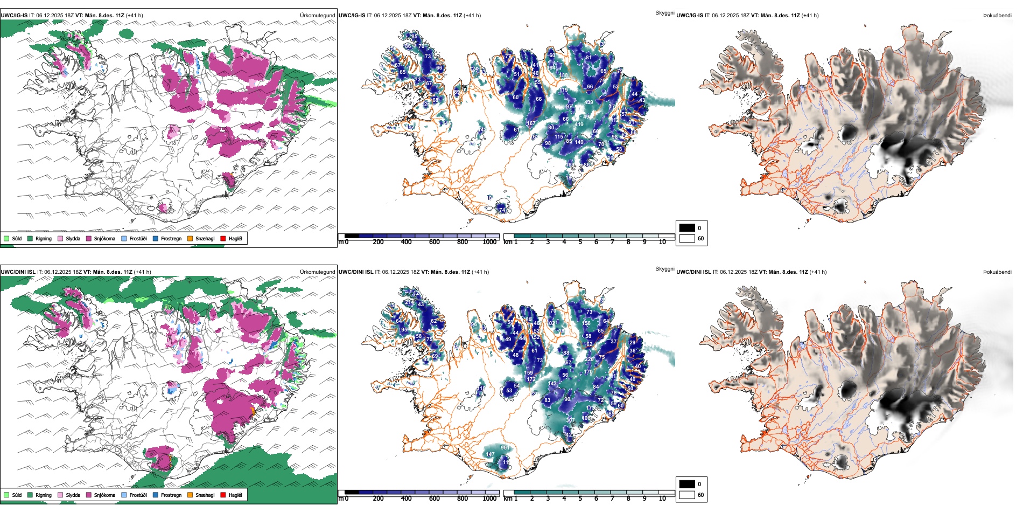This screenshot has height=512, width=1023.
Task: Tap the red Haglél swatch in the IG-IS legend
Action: [223, 238]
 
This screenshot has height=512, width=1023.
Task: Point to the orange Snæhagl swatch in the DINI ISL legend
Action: [190, 495]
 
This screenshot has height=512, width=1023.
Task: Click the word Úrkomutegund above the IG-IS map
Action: [317, 16]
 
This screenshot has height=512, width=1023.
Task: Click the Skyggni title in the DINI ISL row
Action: [664, 269]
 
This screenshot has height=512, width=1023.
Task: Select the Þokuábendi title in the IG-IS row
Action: [997, 16]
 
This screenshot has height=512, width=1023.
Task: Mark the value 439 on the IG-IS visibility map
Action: [588, 102]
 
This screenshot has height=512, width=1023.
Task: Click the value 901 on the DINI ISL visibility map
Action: [505, 448]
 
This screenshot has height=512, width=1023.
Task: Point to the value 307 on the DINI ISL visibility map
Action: [570, 420]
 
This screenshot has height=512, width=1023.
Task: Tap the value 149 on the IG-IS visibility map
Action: [579, 142]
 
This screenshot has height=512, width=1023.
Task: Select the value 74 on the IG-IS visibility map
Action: [502, 210]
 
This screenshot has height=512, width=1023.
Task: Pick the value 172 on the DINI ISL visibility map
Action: [531, 379]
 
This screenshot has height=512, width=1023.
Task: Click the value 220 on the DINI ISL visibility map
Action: [589, 359]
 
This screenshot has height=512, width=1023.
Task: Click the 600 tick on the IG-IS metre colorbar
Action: [435, 242]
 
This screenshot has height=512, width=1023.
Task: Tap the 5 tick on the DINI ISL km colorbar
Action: [580, 499]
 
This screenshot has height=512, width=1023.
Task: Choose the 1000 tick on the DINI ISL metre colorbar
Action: [489, 499]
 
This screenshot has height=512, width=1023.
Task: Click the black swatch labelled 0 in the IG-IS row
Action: [687, 228]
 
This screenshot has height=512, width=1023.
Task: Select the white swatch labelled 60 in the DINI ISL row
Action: [687, 495]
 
